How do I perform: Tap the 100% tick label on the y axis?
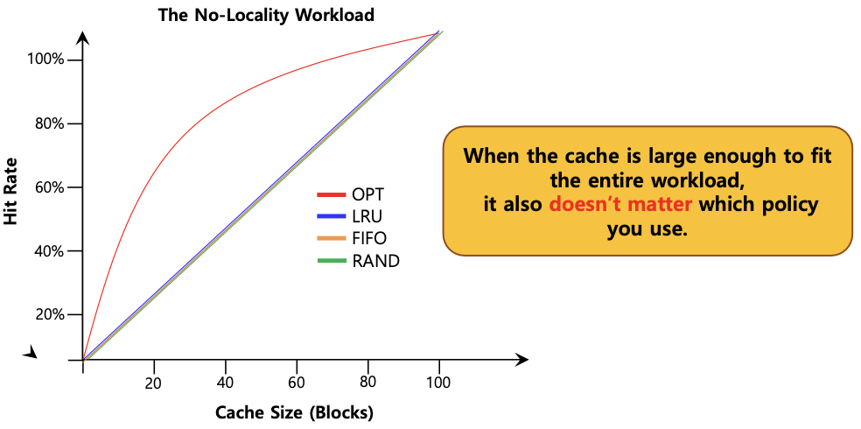click(x=45, y=60)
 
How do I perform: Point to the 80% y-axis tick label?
click(x=47, y=123)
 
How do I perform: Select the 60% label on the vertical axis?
click(x=47, y=187)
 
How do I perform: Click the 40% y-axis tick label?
click(x=47, y=251)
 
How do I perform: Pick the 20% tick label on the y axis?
click(x=47, y=315)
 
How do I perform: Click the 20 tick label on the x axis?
click(x=154, y=383)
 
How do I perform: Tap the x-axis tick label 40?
click(x=226, y=383)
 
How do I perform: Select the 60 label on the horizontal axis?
click(x=297, y=383)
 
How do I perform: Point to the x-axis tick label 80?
click(x=368, y=383)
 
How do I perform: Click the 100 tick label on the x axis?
click(x=438, y=383)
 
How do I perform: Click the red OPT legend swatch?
click(x=332, y=194)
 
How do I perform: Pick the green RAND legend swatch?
click(x=332, y=261)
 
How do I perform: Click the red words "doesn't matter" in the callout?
click(x=621, y=206)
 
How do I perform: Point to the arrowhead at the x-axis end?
click(x=522, y=360)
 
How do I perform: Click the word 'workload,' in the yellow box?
click(x=695, y=181)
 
